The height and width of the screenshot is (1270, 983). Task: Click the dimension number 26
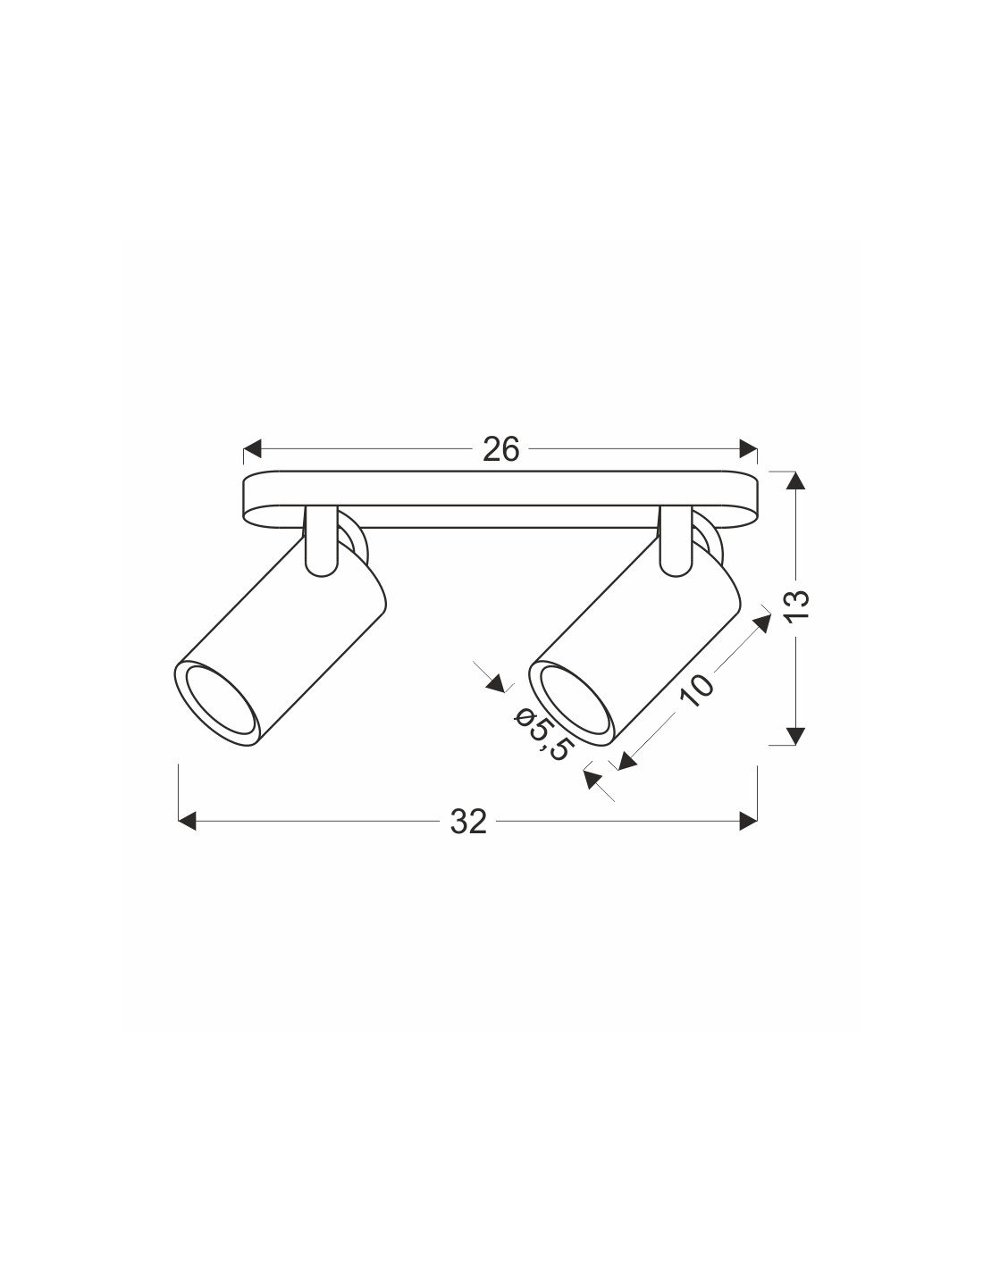click(x=501, y=450)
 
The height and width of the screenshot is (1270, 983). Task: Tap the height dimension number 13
click(x=798, y=605)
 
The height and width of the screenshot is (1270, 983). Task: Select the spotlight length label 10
click(x=698, y=690)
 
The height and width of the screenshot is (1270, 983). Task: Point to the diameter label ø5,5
click(x=540, y=733)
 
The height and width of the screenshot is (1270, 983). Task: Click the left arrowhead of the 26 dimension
click(x=252, y=449)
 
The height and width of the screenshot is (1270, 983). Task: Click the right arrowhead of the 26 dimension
click(x=748, y=449)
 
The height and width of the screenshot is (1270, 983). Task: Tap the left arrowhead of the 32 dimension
click(x=187, y=821)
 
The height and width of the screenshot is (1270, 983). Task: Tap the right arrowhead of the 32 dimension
click(x=748, y=821)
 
